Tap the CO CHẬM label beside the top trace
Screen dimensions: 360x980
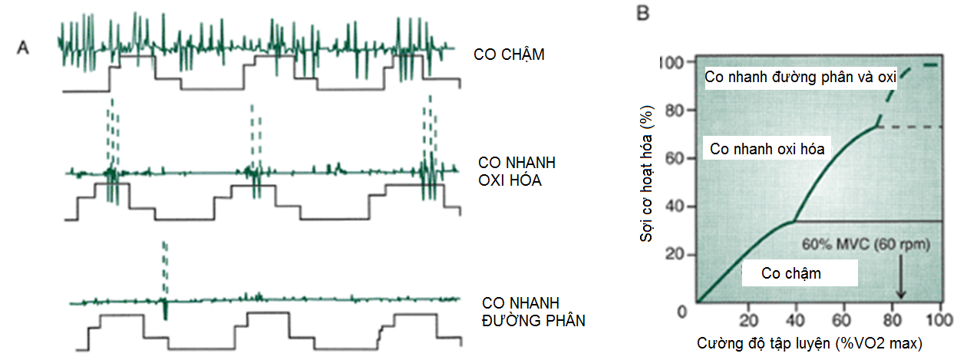(x=510, y=55)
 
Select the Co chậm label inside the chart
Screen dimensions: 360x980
(x=791, y=273)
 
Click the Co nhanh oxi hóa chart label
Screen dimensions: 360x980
(x=767, y=149)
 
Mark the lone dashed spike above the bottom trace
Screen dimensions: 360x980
(x=163, y=266)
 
